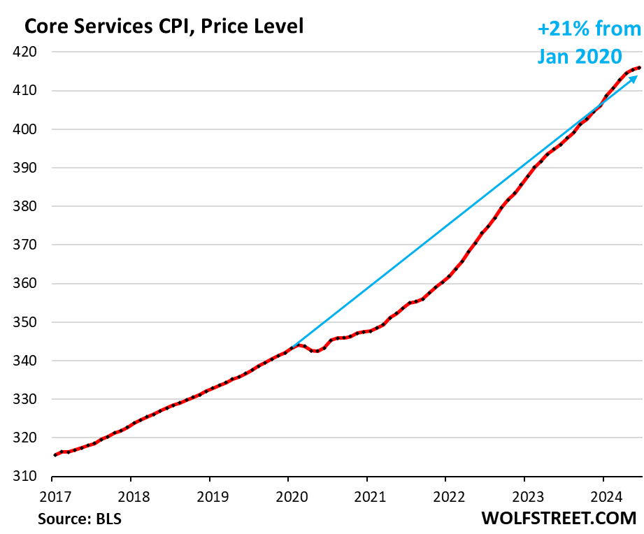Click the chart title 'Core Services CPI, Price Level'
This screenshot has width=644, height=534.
pyautogui.click(x=164, y=27)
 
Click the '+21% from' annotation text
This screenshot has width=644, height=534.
pyautogui.click(x=589, y=29)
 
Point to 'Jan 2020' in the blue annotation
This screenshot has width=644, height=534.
pyautogui.click(x=580, y=56)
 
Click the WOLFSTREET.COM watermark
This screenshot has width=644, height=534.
pyautogui.click(x=559, y=519)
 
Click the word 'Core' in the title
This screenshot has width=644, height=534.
pyautogui.click(x=47, y=27)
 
